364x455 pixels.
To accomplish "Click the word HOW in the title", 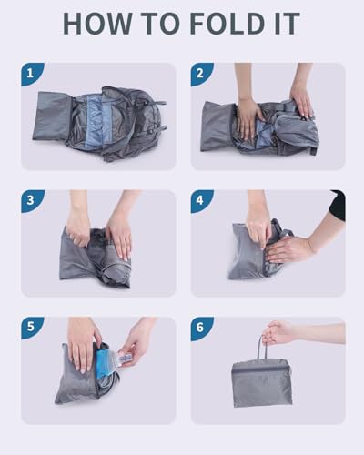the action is pyautogui.click(x=97, y=24).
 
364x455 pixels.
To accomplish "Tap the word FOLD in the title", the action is pyautogui.click(x=227, y=24).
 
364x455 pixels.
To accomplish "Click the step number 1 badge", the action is pyautogui.click(x=32, y=74).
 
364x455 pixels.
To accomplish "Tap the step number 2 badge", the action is pyautogui.click(x=202, y=74).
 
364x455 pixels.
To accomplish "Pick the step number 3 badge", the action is pyautogui.click(x=32, y=201).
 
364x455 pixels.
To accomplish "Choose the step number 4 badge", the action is pyautogui.click(x=202, y=201).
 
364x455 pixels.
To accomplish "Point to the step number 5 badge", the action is pyautogui.click(x=32, y=328).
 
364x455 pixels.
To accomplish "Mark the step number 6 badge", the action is pyautogui.click(x=202, y=328).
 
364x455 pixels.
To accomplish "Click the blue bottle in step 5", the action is pyautogui.click(x=106, y=362).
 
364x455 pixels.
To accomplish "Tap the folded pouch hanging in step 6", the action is pyautogui.click(x=261, y=383).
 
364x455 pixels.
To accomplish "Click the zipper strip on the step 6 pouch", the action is pyautogui.click(x=260, y=369).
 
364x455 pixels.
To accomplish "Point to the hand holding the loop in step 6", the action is pyautogui.click(x=278, y=332).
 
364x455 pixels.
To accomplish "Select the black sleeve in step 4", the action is pyautogui.click(x=338, y=205).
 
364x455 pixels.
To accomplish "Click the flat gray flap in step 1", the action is pyautogui.click(x=52, y=116).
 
